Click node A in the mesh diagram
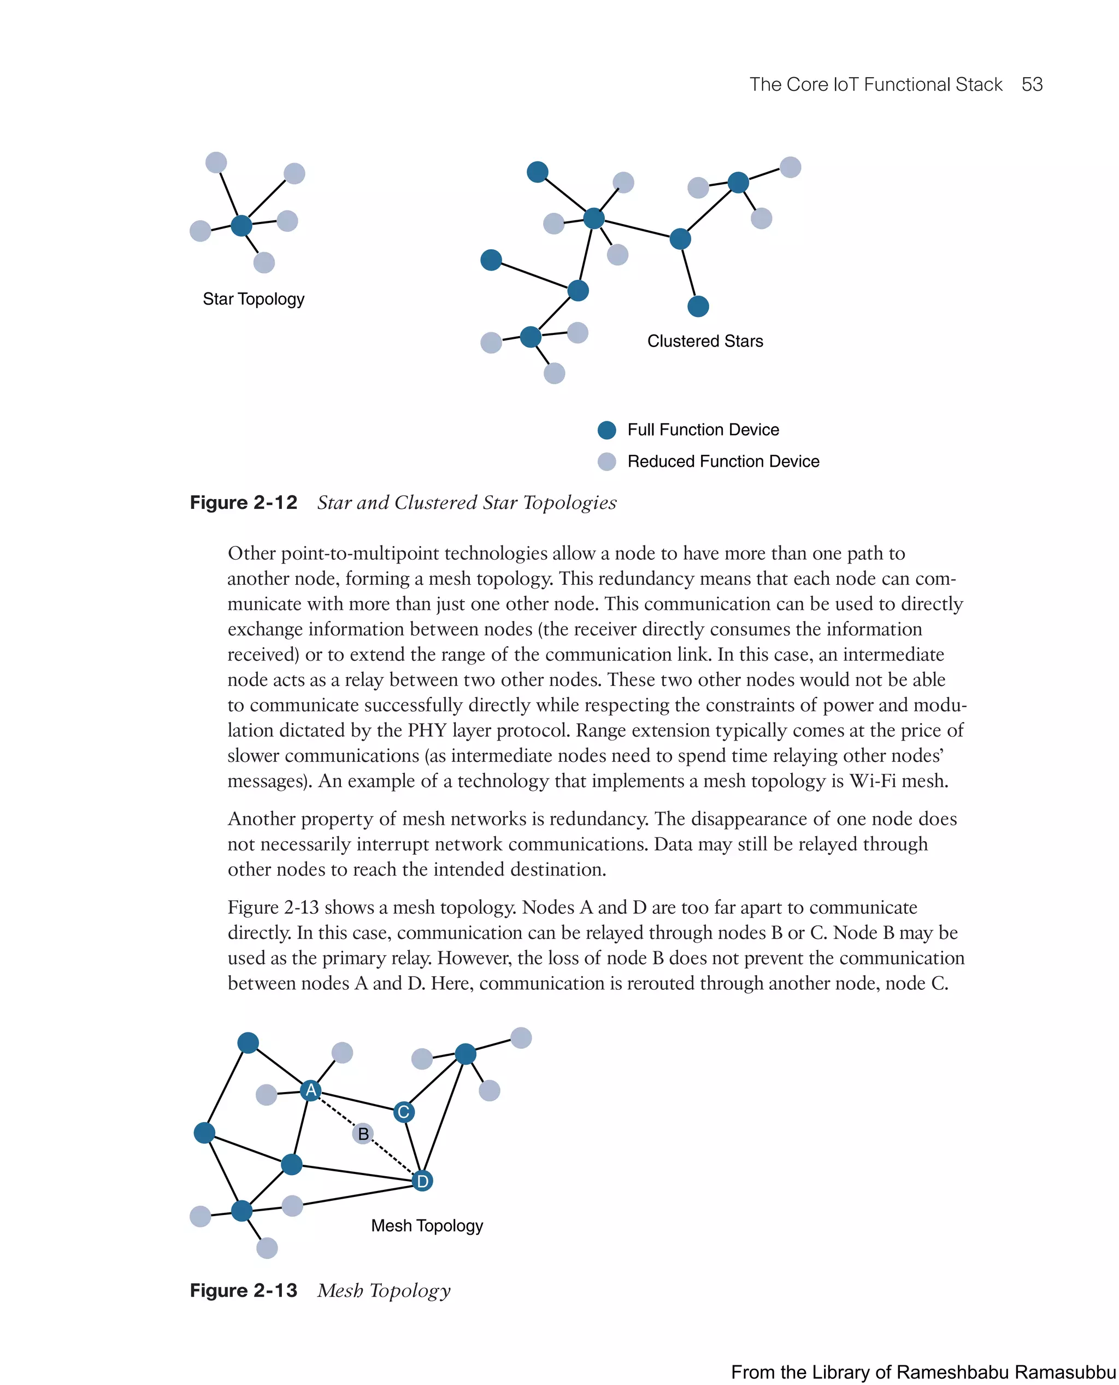(311, 1090)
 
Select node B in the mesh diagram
(363, 1134)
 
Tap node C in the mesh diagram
(404, 1112)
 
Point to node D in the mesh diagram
(422, 1181)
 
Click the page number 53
(1032, 85)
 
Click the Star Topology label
(254, 299)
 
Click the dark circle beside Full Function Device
(606, 430)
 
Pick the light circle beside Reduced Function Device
(606, 462)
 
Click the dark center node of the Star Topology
(241, 226)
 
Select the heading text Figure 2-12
(243, 503)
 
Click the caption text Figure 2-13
(243, 1290)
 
